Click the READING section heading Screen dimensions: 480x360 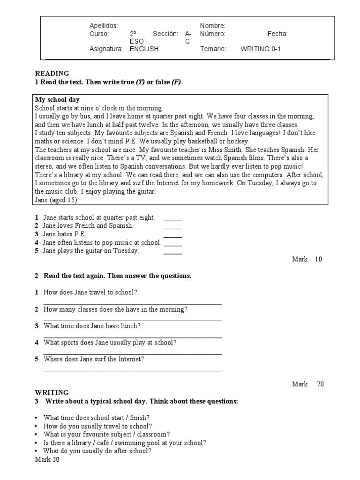tap(52, 74)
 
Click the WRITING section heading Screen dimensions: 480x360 tap(52, 392)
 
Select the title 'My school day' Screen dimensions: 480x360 tap(57, 100)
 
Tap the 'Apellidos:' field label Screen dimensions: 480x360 tap(104, 26)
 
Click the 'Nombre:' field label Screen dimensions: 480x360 tap(212, 26)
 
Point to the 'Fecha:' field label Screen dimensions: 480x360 tap(277, 34)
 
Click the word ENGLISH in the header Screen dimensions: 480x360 tap(144, 49)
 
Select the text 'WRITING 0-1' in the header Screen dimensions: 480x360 tap(261, 49)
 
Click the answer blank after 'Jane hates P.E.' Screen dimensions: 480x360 tap(172, 235)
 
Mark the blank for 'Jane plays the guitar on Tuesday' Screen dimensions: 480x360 tap(172, 251)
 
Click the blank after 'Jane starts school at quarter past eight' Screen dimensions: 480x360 tap(172, 218)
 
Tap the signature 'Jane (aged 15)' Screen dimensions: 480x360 tap(56, 200)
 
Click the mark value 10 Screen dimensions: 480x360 tap(319, 259)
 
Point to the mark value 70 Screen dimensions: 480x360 tap(320, 384)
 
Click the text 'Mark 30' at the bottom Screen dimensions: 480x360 tap(47, 459)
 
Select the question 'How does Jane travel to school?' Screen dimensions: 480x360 tap(90, 292)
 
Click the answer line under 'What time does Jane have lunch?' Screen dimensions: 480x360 tap(132, 337)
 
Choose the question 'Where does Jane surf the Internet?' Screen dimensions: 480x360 tap(94, 359)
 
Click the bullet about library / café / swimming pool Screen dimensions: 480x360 tap(125, 442)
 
